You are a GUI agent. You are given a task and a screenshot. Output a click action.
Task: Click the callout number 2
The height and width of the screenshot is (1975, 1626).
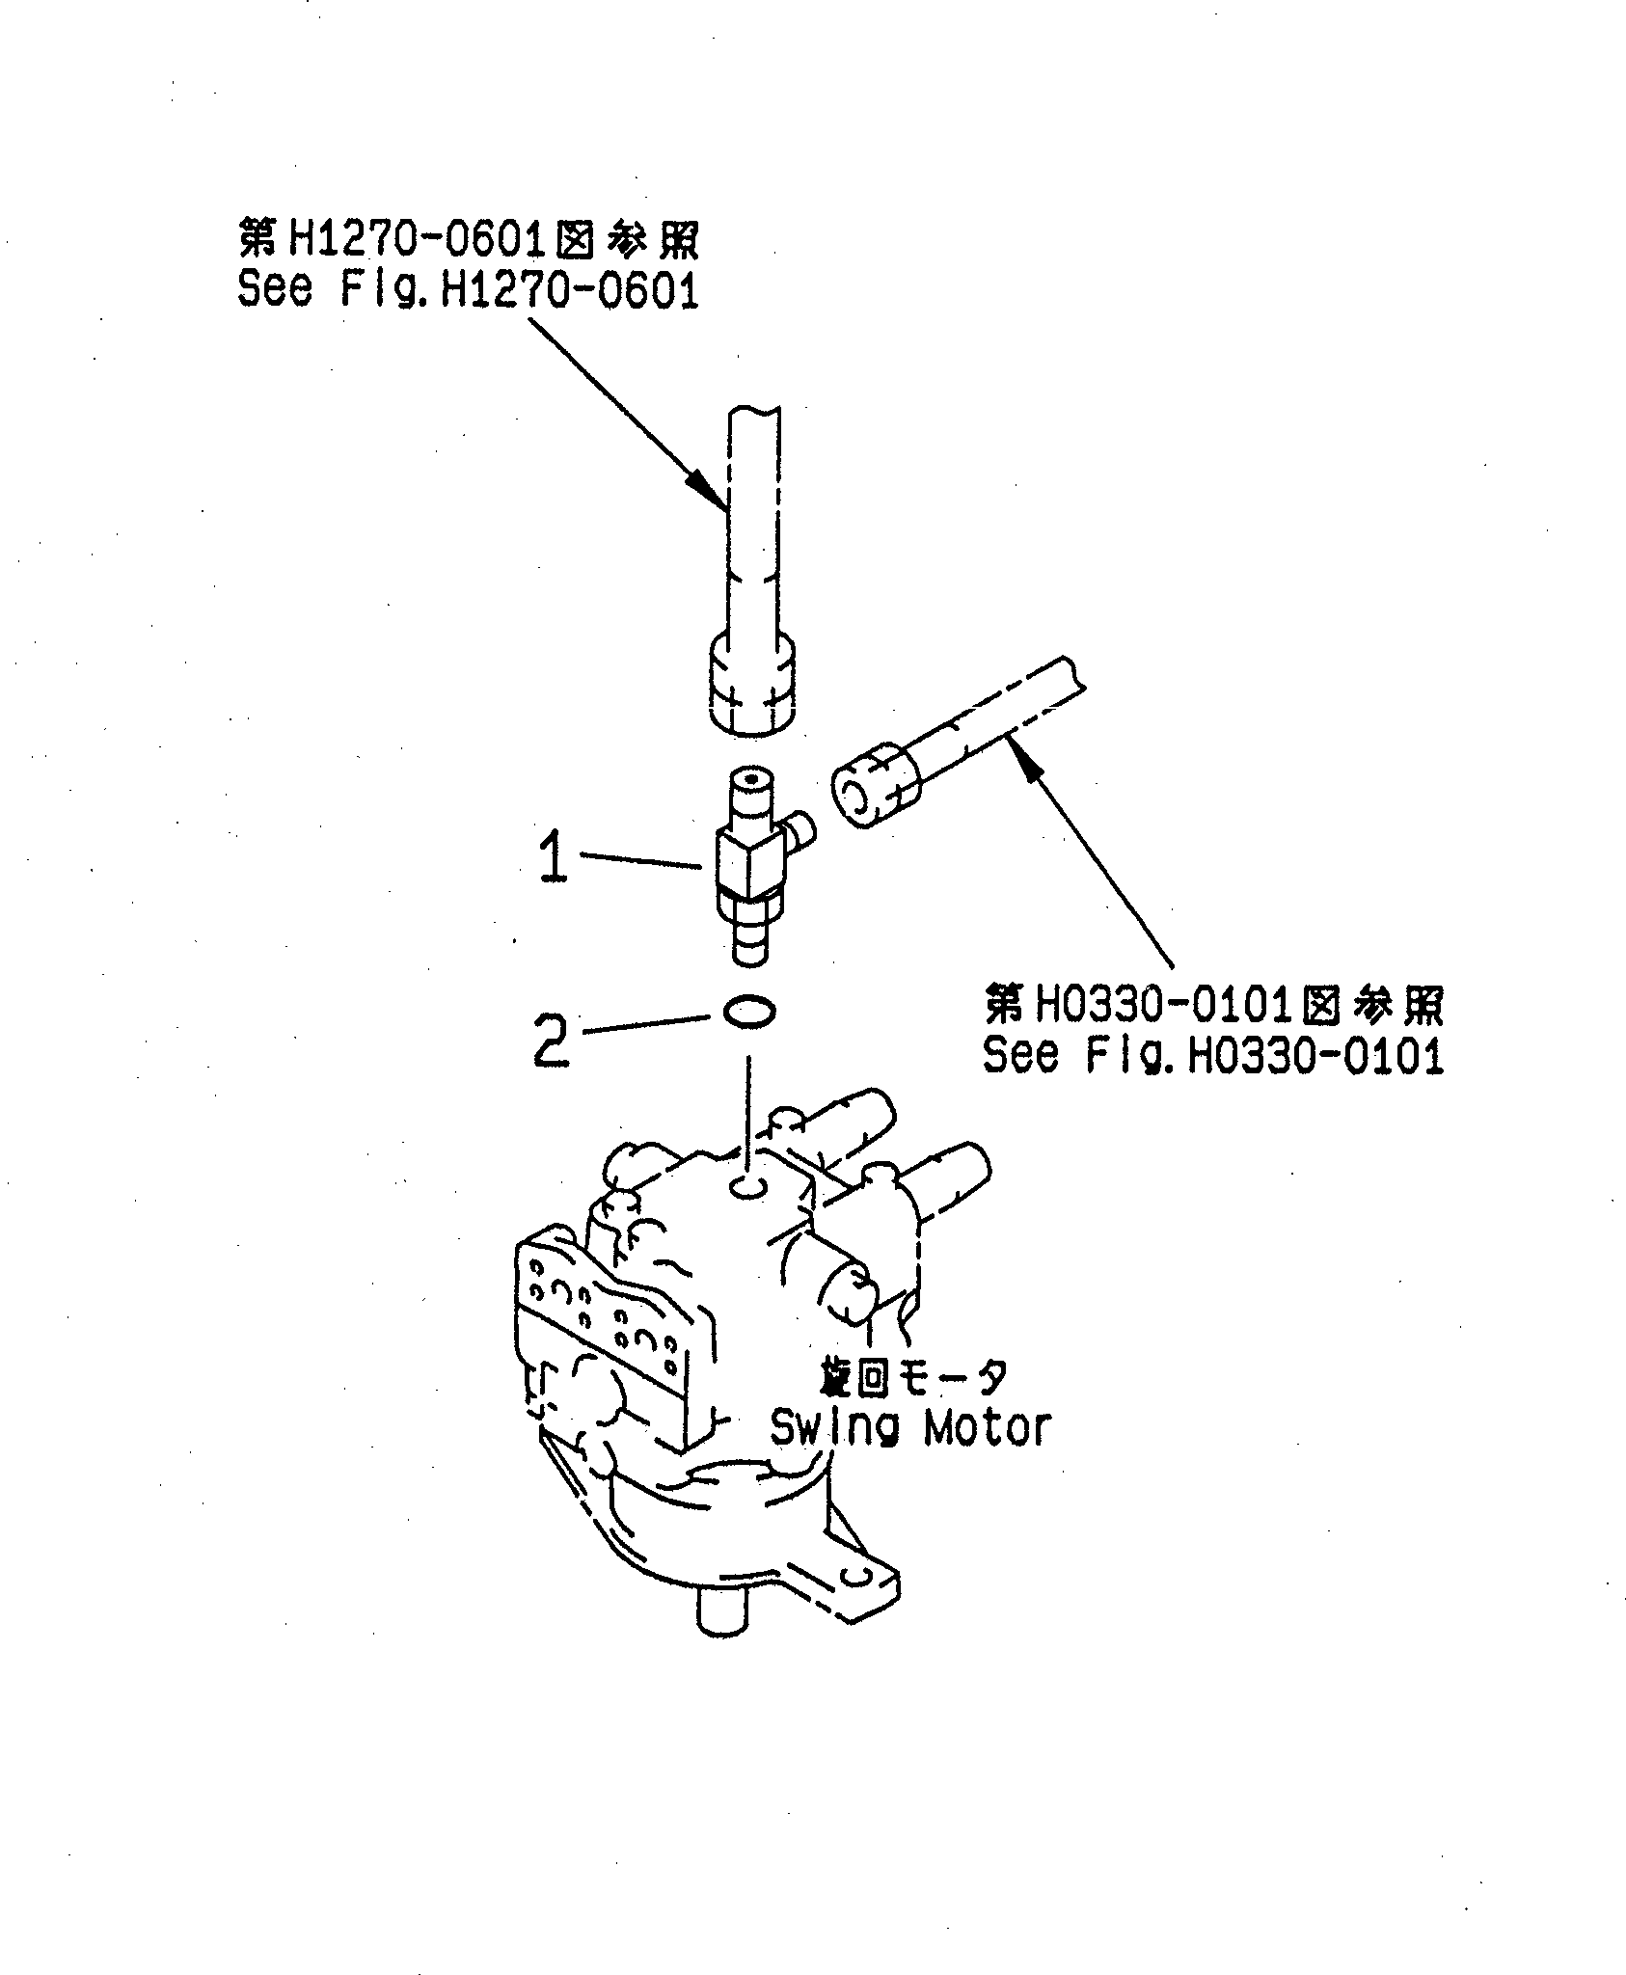[x=552, y=1040]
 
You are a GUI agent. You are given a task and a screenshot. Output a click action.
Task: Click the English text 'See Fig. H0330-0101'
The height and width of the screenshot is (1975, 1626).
[x=1212, y=1055]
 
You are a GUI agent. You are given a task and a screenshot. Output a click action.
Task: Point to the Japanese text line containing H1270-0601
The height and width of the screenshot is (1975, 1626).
[x=469, y=241]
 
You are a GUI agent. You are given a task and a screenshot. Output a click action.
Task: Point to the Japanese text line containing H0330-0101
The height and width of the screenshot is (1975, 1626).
[x=1213, y=1007]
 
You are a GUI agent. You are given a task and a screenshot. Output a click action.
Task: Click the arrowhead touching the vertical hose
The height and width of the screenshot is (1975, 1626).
[x=710, y=493]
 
